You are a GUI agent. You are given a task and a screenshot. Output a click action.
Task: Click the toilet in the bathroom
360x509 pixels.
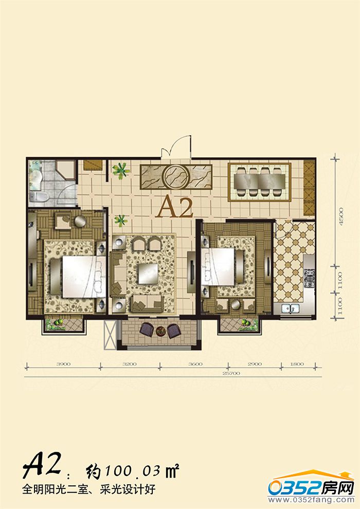click(x=39, y=196)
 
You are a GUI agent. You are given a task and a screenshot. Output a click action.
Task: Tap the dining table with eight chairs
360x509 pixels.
click(x=259, y=182)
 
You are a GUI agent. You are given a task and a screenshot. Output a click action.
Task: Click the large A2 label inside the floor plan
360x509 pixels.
click(x=174, y=207)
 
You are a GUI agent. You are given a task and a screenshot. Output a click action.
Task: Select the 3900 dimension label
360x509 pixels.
click(x=63, y=364)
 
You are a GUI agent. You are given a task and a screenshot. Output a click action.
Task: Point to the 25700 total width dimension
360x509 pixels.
click(x=231, y=373)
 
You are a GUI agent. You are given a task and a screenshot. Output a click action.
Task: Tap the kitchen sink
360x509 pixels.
click(x=290, y=308)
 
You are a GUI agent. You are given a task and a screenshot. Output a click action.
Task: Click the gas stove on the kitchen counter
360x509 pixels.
click(x=310, y=279)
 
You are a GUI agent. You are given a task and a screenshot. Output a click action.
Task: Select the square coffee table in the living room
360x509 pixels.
click(x=148, y=274)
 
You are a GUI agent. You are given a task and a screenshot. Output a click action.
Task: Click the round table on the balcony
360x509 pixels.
click(x=160, y=331)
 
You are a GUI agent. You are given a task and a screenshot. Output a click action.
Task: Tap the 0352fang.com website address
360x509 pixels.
click(x=311, y=499)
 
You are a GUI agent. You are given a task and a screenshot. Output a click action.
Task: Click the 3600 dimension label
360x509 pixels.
click(x=195, y=364)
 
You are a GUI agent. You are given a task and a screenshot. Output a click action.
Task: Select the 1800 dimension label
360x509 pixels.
click(x=297, y=364)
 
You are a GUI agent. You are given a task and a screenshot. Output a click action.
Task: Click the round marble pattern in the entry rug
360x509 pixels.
click(x=176, y=177)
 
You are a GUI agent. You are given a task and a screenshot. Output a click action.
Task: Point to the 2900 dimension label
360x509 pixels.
click(x=255, y=364)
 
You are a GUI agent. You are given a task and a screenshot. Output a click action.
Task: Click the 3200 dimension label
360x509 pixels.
click(x=129, y=364)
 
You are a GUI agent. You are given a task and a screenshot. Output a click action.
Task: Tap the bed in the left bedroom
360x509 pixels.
click(x=78, y=277)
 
